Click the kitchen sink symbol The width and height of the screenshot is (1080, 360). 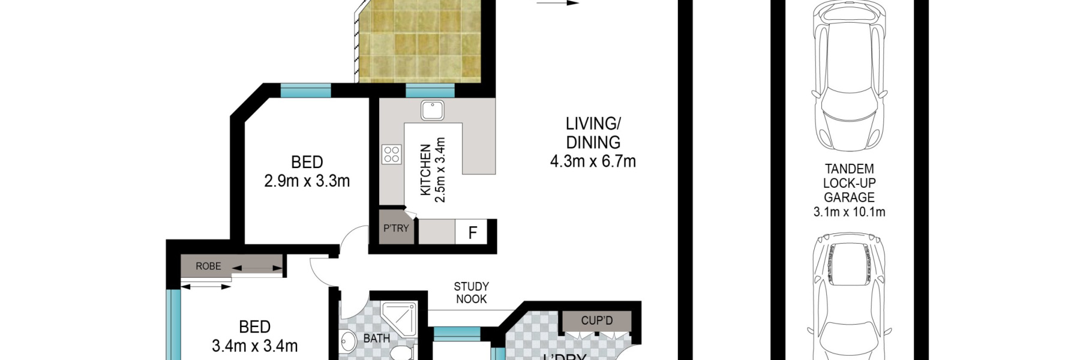432,110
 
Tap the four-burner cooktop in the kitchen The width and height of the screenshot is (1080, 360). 392,154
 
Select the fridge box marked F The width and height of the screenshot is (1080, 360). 472,233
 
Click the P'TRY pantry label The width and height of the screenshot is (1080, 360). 396,229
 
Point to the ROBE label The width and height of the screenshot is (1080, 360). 208,266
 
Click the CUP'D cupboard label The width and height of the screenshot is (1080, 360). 596,321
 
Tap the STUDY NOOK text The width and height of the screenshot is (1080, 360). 471,293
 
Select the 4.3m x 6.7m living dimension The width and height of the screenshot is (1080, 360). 593,161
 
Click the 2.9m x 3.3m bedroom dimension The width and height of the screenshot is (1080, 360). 307,181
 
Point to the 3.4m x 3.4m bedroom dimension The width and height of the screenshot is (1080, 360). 254,346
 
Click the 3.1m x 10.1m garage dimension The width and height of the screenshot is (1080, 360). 849,212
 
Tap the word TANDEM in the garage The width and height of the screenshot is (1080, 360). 849,169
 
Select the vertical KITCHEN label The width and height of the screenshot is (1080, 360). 425,170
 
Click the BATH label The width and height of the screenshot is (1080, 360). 376,338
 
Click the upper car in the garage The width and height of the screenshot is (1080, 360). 848,78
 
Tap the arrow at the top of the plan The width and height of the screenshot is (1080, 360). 557,3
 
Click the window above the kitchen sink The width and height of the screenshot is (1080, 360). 430,91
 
